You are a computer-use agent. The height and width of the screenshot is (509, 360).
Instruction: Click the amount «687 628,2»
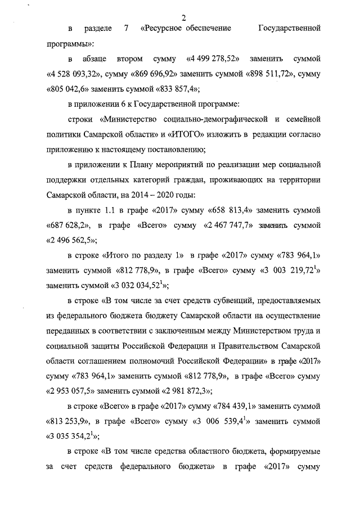(68, 226)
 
